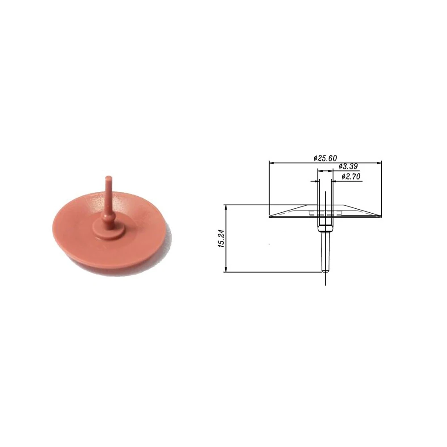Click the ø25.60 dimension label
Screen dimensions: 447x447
[x=325, y=158]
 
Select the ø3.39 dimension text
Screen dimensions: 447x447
[x=348, y=166]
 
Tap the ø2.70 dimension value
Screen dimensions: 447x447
[x=351, y=177]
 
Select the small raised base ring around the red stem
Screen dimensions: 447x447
[x=109, y=229]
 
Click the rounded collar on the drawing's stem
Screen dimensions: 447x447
[x=325, y=229]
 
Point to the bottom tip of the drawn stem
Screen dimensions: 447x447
[x=325, y=270]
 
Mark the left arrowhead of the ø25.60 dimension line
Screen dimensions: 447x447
[x=270, y=162]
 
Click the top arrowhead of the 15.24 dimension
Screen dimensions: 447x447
[x=227, y=207]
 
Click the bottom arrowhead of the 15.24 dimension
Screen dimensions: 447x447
[x=227, y=270]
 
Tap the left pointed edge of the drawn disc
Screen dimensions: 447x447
[x=270, y=217]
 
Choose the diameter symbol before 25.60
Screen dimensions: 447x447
[x=316, y=158]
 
